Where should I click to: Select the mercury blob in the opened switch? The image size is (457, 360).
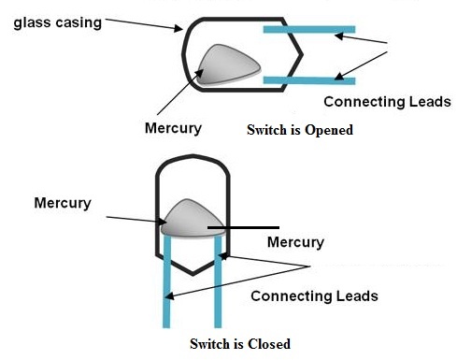pyautogui.click(x=228, y=65)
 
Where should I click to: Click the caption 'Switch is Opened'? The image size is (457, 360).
pyautogui.click(x=299, y=130)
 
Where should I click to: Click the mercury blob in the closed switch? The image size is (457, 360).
pyautogui.click(x=191, y=219)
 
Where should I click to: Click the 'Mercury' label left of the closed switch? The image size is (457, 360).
pyautogui.click(x=62, y=202)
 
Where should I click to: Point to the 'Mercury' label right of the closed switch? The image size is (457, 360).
pyautogui.click(x=295, y=242)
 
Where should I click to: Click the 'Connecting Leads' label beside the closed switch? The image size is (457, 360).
pyautogui.click(x=314, y=295)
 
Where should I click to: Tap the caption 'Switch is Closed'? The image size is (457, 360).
pyautogui.click(x=240, y=343)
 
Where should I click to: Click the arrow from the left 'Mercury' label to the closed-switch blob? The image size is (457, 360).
pyautogui.click(x=131, y=219)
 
